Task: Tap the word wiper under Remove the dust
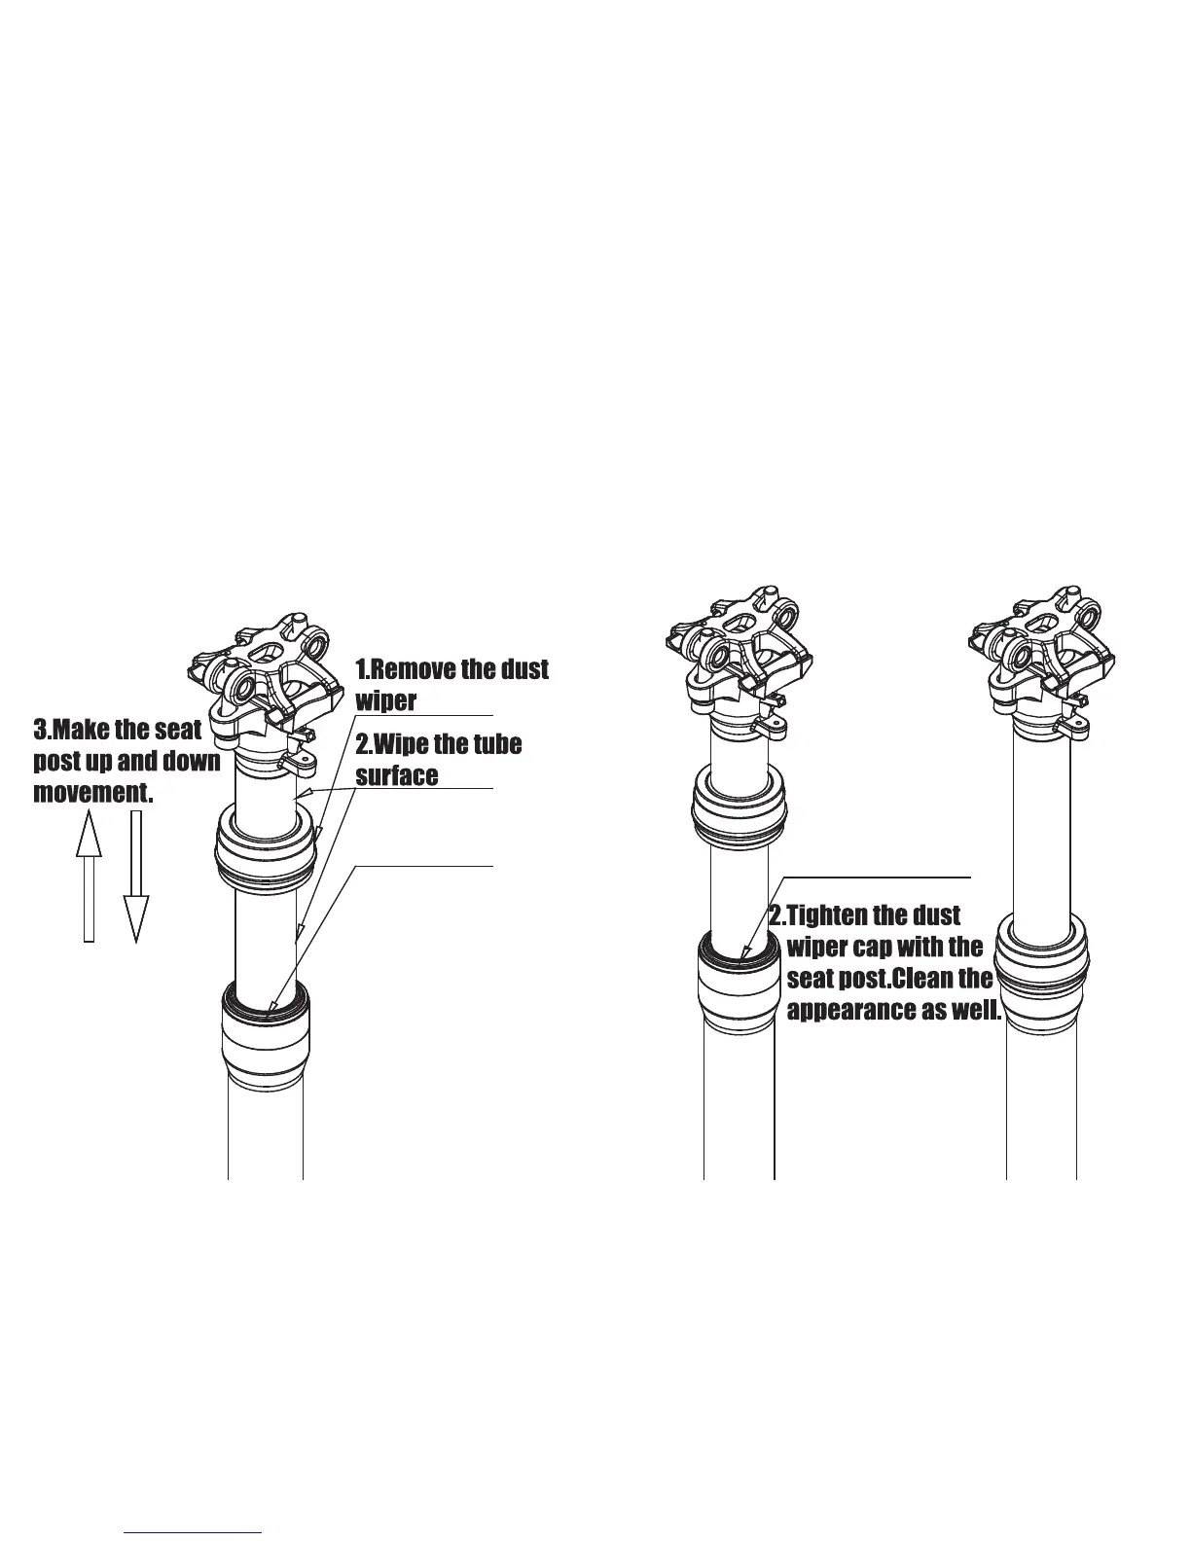[x=386, y=700]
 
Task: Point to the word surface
[x=396, y=775]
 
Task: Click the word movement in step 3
[x=92, y=792]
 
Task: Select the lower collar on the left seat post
[x=265, y=1037]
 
